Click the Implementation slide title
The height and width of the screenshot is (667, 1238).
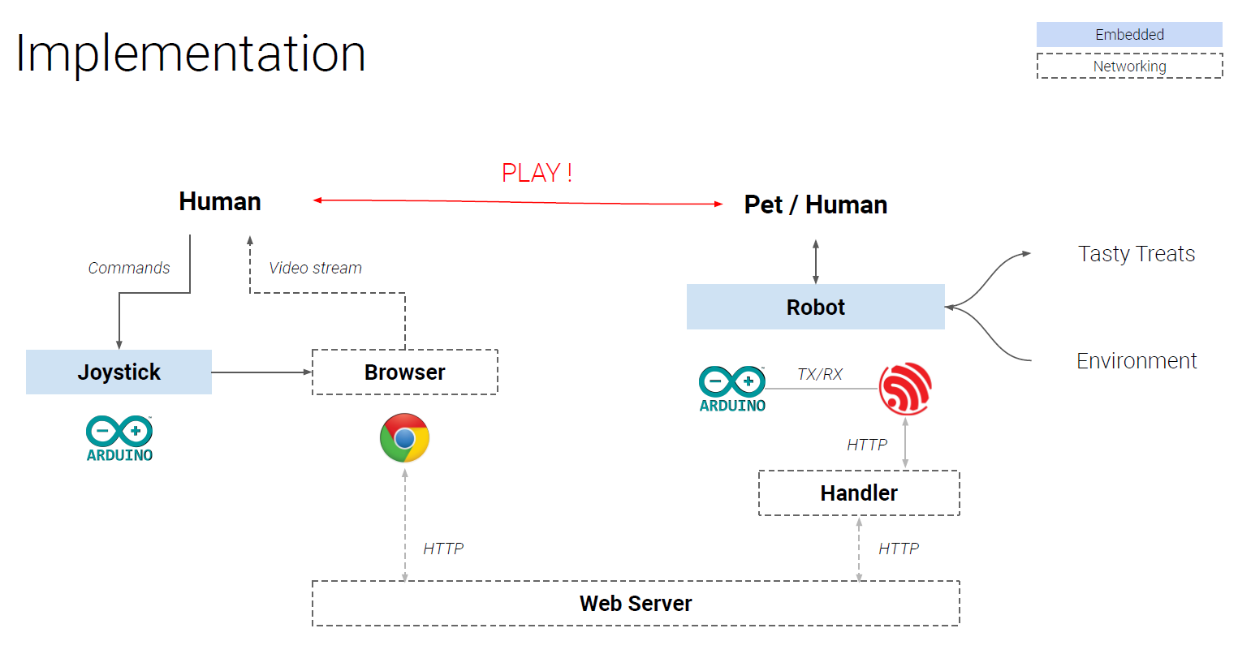191,54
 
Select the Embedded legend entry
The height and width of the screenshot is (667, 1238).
1128,34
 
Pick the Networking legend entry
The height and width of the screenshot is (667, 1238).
1128,66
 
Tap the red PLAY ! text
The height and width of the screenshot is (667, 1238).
537,173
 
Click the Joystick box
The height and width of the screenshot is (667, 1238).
119,372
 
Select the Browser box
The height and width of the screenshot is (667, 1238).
404,372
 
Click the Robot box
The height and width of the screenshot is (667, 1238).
815,307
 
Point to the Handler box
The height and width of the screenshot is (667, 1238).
858,493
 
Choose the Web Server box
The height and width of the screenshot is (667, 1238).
635,603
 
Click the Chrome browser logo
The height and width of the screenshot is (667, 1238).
404,438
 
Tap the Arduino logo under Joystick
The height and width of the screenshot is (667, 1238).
119,439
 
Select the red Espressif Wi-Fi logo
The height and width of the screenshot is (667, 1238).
905,389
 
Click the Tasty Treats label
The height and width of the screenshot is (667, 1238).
1136,254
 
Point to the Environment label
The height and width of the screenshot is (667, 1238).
1136,360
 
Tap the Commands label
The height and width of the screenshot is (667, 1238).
129,268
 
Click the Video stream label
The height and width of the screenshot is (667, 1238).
315,268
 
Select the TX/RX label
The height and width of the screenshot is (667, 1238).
819,374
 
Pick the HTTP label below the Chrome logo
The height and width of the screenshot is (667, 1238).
443,549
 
